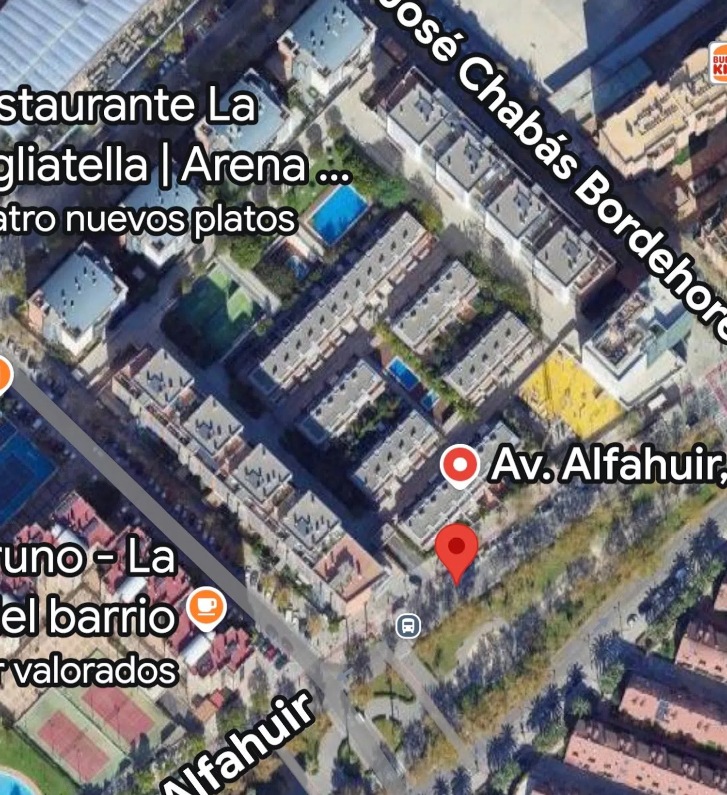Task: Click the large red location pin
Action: click(x=456, y=548)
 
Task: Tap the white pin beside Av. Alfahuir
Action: click(x=460, y=465)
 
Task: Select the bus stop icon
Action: click(x=408, y=625)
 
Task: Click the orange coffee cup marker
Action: click(x=207, y=606)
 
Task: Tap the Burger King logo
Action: click(x=719, y=63)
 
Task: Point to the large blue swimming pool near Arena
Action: click(x=339, y=213)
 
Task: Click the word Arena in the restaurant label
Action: click(x=245, y=165)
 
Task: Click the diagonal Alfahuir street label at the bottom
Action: click(x=242, y=746)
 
